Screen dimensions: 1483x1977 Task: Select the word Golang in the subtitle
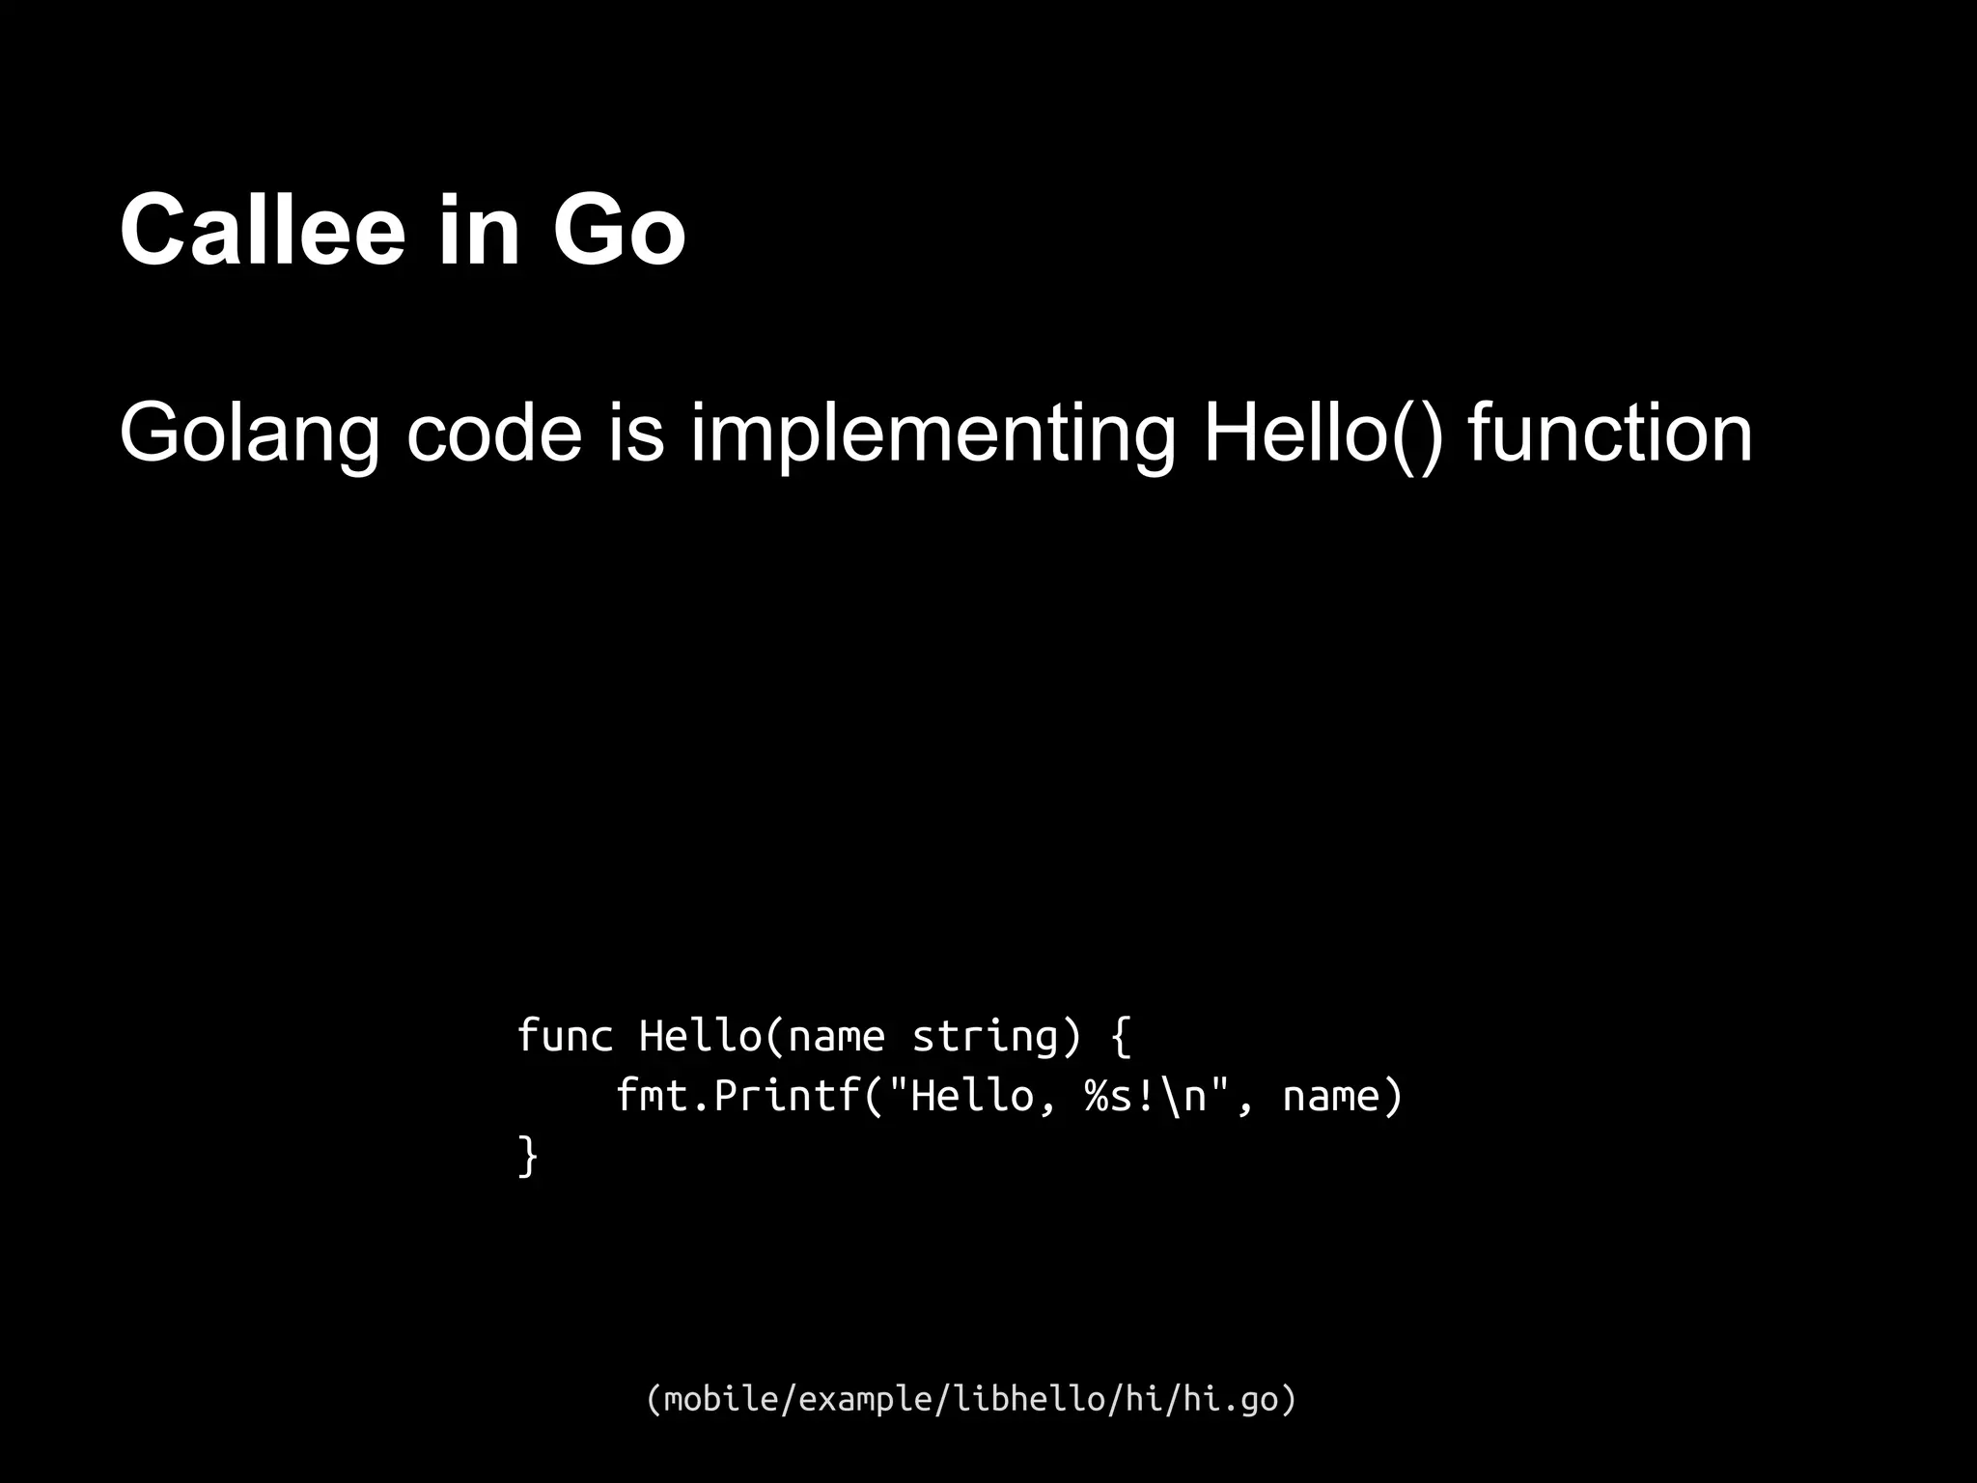[x=250, y=435]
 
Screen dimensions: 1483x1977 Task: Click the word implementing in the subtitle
[x=933, y=435]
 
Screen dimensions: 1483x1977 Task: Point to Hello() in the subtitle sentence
[x=1323, y=434]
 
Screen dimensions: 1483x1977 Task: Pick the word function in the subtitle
[x=1610, y=434]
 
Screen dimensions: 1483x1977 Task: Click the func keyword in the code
[x=565, y=1036]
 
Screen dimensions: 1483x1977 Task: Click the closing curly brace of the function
[x=527, y=1156]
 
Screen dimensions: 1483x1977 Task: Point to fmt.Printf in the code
[x=738, y=1096]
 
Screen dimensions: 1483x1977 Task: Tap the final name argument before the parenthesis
[x=1331, y=1096]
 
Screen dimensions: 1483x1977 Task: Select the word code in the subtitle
[x=494, y=434]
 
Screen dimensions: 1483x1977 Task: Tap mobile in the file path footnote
[x=714, y=1399]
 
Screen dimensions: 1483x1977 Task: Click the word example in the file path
[x=865, y=1399]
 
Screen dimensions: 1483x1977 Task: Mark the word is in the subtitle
[x=636, y=434]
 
